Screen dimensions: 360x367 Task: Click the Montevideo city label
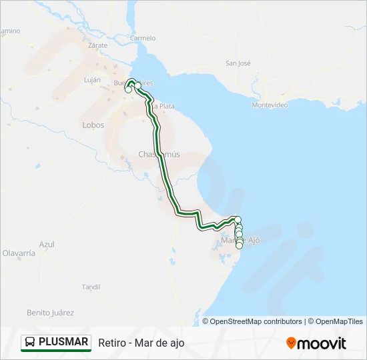270,105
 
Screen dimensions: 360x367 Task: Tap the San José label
238,63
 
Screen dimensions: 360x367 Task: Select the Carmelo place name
143,38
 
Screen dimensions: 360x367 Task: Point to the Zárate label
98,45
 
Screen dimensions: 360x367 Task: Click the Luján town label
92,79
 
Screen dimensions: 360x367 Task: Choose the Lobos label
93,125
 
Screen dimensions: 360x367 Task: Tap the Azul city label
47,245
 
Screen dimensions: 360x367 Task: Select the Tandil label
91,287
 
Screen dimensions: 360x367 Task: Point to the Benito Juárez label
50,312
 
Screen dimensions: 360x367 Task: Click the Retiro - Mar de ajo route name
141,343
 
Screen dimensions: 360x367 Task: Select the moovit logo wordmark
322,343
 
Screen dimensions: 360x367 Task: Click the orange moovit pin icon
291,343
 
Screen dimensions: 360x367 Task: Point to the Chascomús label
159,154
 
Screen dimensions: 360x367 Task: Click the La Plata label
163,106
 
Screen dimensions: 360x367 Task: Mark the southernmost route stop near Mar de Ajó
239,245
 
